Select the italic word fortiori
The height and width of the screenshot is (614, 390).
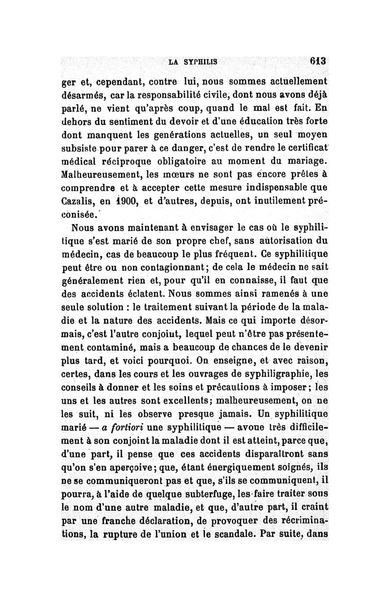tap(122, 428)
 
